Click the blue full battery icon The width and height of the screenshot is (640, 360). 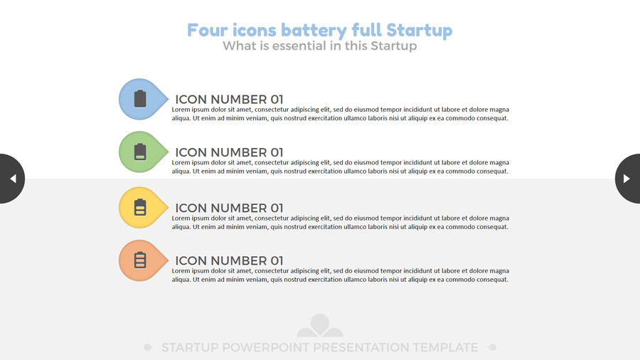point(140,99)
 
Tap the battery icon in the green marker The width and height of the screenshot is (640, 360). point(140,152)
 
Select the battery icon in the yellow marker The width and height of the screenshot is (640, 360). point(140,207)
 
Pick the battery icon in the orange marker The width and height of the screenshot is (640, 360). point(140,260)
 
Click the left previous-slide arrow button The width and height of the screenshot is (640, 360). point(12,179)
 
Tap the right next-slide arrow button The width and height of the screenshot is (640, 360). point(628,179)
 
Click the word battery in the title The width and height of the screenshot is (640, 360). point(314,31)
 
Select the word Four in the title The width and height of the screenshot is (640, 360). point(207,30)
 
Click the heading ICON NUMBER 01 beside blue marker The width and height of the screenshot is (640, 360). point(229,99)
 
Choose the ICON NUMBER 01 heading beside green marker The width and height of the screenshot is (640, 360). point(229,152)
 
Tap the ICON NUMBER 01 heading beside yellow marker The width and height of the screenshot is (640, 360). point(229,208)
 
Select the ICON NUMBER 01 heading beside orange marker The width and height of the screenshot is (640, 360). point(229,260)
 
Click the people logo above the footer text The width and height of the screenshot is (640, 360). point(319,325)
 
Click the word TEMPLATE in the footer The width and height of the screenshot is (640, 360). point(445,347)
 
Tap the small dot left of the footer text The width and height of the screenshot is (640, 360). point(148,347)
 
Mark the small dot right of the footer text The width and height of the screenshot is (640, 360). point(492,347)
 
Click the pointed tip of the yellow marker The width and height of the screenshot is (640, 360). point(168,207)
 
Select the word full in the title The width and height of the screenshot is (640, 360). point(366,30)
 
